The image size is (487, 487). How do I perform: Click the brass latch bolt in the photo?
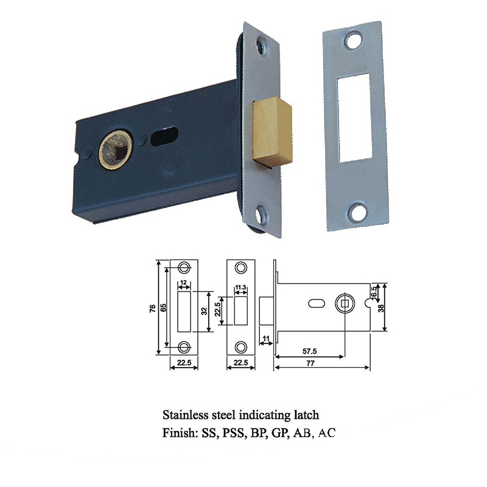[x=273, y=131]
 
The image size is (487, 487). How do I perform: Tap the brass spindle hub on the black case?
[x=116, y=150]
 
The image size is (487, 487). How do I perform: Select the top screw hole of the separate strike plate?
[x=354, y=40]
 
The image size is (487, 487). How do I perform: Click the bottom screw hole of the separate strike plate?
[x=357, y=212]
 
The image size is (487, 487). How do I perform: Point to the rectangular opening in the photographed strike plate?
[x=354, y=118]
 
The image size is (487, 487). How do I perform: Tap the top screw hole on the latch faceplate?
[x=262, y=47]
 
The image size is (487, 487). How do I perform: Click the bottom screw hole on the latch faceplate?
[x=262, y=215]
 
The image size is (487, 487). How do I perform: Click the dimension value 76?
[x=153, y=309]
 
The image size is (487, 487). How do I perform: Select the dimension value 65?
[x=163, y=307]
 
